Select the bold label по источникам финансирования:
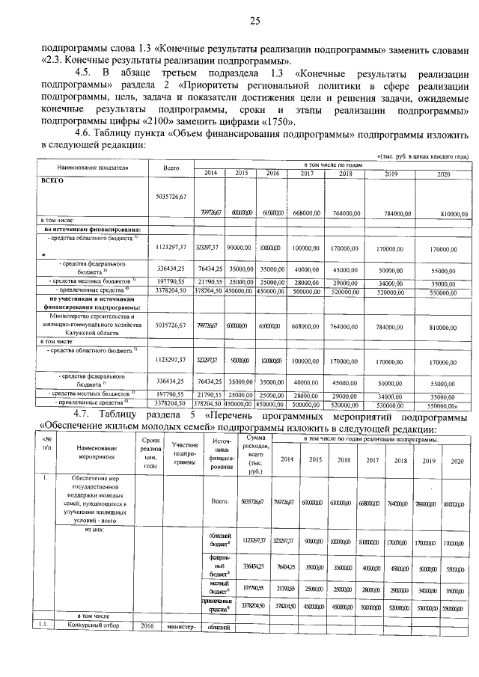[x=91, y=229]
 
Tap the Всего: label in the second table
[x=220, y=503]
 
